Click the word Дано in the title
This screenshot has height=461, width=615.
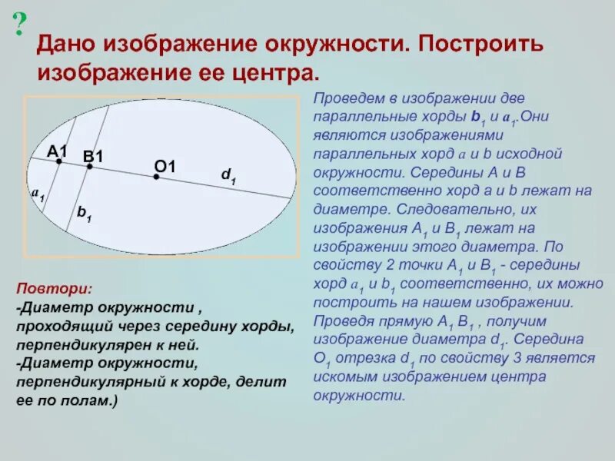[x=65, y=45]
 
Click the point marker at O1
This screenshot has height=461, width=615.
[x=156, y=177]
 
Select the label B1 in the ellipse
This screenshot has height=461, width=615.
[x=93, y=157]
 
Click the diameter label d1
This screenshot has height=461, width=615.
[x=228, y=176]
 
